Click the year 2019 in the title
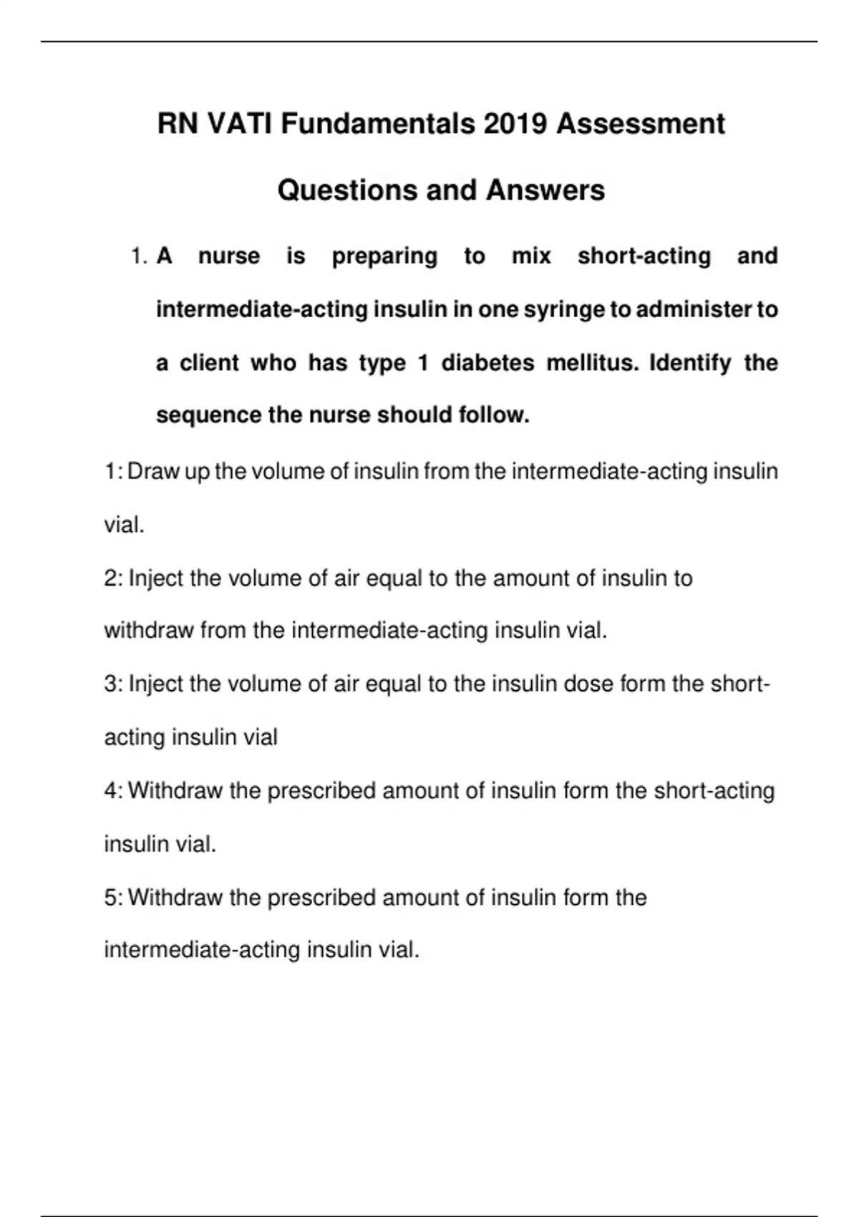pyautogui.click(x=515, y=124)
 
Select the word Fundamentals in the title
pyautogui.click(x=377, y=124)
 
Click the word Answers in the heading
pyautogui.click(x=545, y=190)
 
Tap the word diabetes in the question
pyautogui.click(x=487, y=363)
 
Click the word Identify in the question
pyautogui.click(x=690, y=363)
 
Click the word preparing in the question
pyautogui.click(x=384, y=256)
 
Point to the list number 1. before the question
pyautogui.click(x=140, y=256)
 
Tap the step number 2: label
pyautogui.click(x=114, y=578)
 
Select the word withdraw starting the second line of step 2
pyautogui.click(x=149, y=631)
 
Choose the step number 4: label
pyautogui.click(x=114, y=791)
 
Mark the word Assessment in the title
pyautogui.click(x=641, y=124)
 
